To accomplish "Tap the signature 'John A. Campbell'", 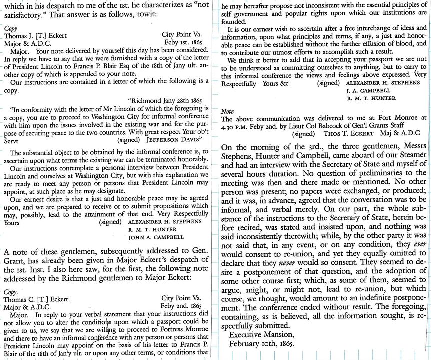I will click(156, 237).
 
